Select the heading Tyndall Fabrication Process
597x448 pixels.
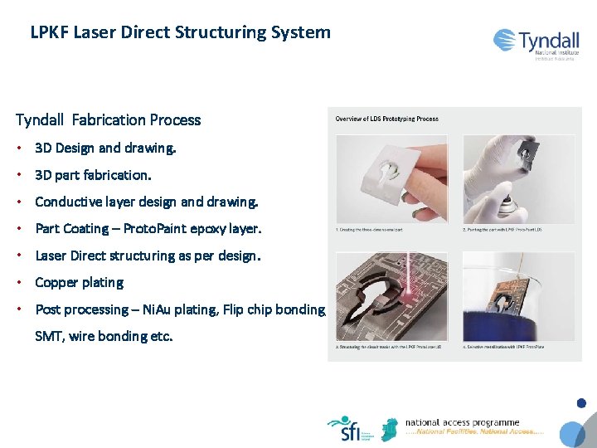[108, 120]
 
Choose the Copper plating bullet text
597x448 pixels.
[79, 283]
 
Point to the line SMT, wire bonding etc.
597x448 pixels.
[104, 336]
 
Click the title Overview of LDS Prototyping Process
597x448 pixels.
[386, 119]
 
